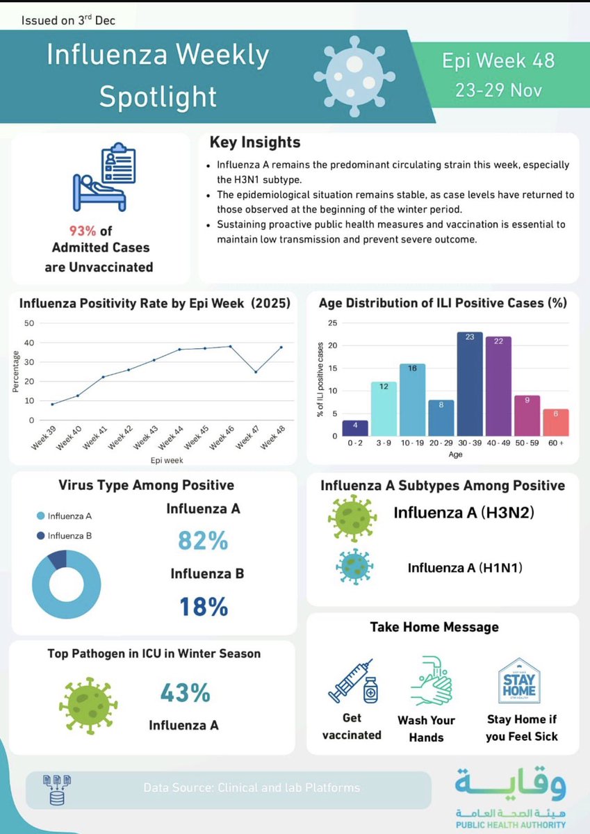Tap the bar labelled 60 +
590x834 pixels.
click(555, 423)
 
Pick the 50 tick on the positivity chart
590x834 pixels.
click(29, 323)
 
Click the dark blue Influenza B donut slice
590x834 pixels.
click(57, 557)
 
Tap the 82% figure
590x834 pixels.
click(203, 541)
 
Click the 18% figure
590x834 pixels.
click(203, 607)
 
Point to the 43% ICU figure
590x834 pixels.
click(185, 693)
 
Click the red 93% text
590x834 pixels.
click(81, 231)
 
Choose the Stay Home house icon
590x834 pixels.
click(520, 682)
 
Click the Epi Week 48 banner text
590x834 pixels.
click(498, 60)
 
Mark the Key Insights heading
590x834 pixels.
click(255, 142)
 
